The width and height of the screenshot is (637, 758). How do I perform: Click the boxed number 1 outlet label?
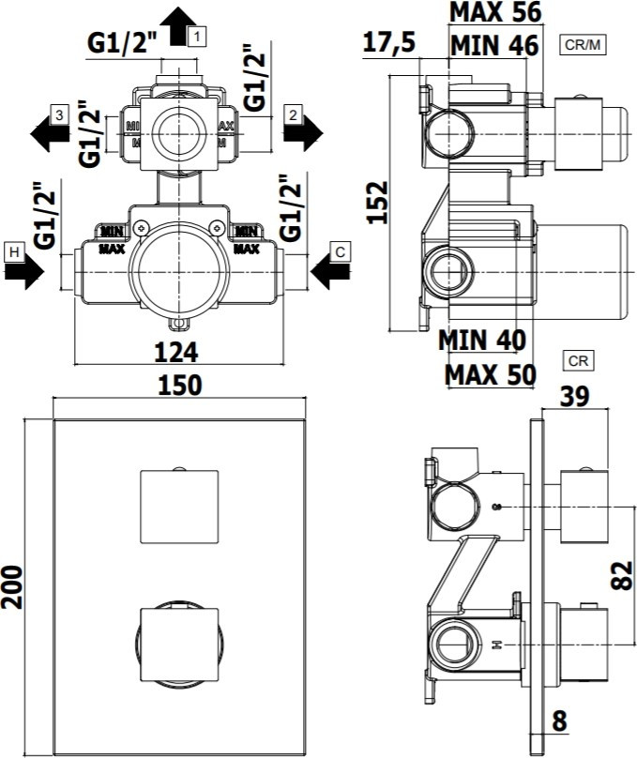pyautogui.click(x=198, y=37)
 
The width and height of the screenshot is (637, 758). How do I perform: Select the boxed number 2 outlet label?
pyautogui.click(x=293, y=115)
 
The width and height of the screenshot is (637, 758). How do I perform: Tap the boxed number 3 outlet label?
pyautogui.click(x=59, y=115)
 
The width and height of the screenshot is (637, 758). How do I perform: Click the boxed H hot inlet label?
pyautogui.click(x=14, y=252)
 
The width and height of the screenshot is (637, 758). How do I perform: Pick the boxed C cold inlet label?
pyautogui.click(x=340, y=251)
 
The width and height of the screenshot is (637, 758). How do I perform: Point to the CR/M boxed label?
pyautogui.click(x=583, y=45)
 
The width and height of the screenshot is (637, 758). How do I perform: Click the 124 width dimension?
pyautogui.click(x=176, y=352)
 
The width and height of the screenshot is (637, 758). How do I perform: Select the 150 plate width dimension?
pyautogui.click(x=179, y=386)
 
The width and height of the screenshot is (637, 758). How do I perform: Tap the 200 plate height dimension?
pyautogui.click(x=12, y=587)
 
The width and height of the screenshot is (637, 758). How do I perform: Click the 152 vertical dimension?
pyautogui.click(x=377, y=203)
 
